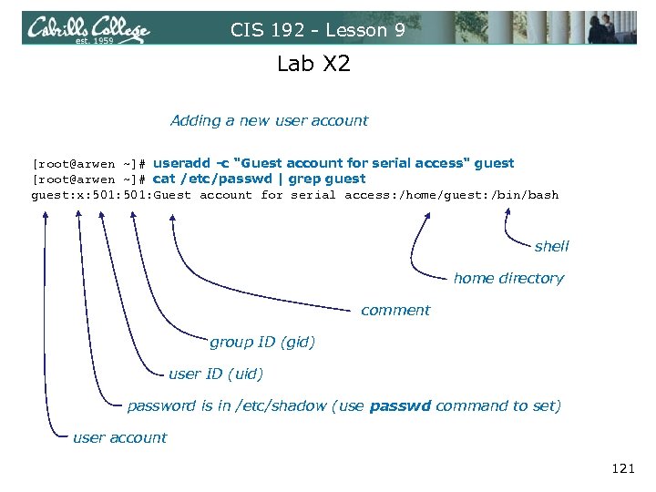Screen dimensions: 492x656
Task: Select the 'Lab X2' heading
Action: [x=313, y=65]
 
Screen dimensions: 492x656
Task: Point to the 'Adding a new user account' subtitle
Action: [x=269, y=120]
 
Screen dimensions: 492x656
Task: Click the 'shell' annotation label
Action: [x=551, y=246]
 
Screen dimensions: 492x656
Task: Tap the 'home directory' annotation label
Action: [x=507, y=278]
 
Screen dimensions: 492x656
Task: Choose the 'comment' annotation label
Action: [x=395, y=310]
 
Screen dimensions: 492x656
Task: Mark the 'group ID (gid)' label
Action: [x=261, y=342]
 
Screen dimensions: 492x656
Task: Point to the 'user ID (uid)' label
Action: [x=215, y=374]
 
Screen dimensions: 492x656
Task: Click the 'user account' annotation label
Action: [x=119, y=437]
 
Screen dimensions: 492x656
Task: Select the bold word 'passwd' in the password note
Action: [x=400, y=405]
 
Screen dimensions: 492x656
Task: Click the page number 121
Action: [x=622, y=468]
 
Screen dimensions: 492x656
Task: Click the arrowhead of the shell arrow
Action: [x=505, y=210]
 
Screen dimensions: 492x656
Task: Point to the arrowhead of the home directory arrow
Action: [x=426, y=210]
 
